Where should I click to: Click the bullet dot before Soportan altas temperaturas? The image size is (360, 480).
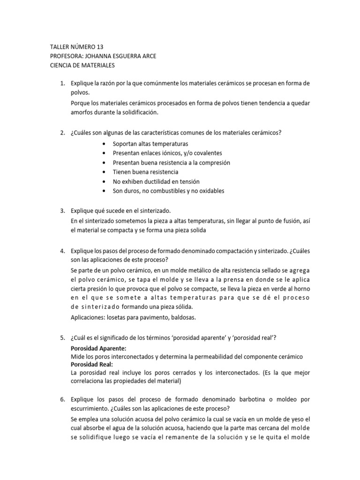point(103,144)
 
